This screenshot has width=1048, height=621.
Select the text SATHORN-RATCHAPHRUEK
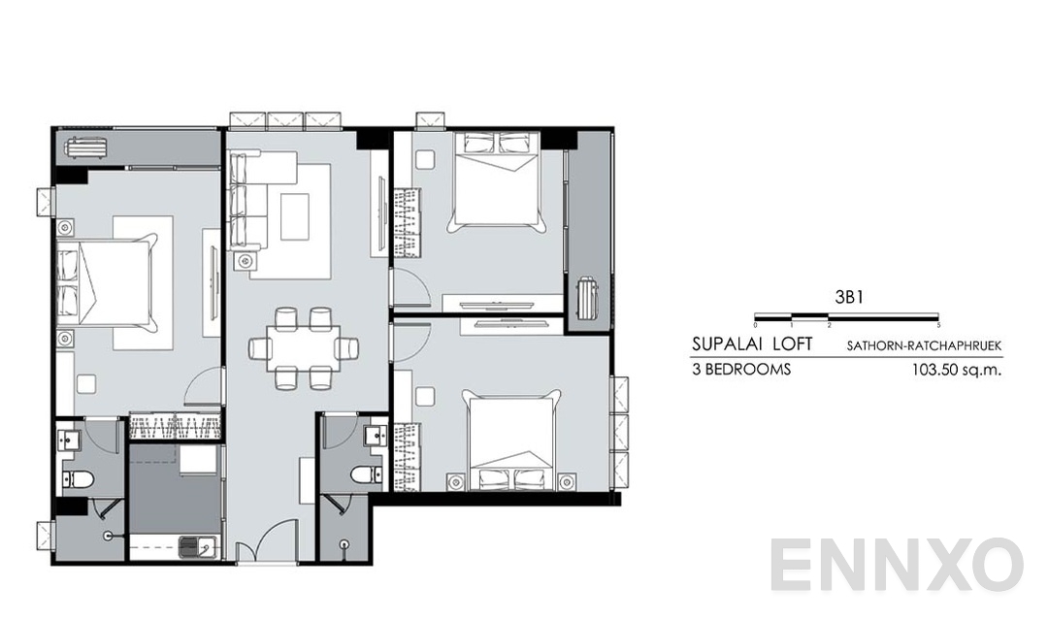tap(923, 345)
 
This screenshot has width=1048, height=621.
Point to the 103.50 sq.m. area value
tap(956, 370)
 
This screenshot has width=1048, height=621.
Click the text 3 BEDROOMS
tap(742, 370)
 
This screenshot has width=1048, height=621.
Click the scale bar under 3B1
tap(846, 316)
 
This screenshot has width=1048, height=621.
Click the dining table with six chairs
tap(303, 347)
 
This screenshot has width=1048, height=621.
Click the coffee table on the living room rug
tap(295, 215)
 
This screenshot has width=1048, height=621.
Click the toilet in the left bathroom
tap(77, 477)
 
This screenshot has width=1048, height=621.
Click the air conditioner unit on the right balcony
tap(588, 296)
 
